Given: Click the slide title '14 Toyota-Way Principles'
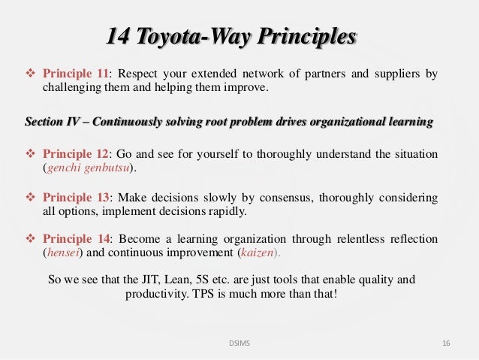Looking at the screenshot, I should (x=231, y=36).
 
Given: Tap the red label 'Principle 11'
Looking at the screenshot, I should (x=76, y=74).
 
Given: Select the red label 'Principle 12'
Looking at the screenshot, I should (x=76, y=154).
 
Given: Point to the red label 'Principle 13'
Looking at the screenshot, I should (x=76, y=197).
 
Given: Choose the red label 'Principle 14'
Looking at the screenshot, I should (x=76, y=239).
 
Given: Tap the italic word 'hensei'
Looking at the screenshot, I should (x=60, y=253).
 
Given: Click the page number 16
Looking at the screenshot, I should (x=446, y=343).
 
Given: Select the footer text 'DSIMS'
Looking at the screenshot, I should (x=239, y=343).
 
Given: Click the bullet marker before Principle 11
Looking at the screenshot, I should (x=31, y=74).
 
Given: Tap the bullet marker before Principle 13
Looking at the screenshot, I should (x=31, y=197).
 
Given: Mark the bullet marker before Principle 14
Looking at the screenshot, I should (x=31, y=239).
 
